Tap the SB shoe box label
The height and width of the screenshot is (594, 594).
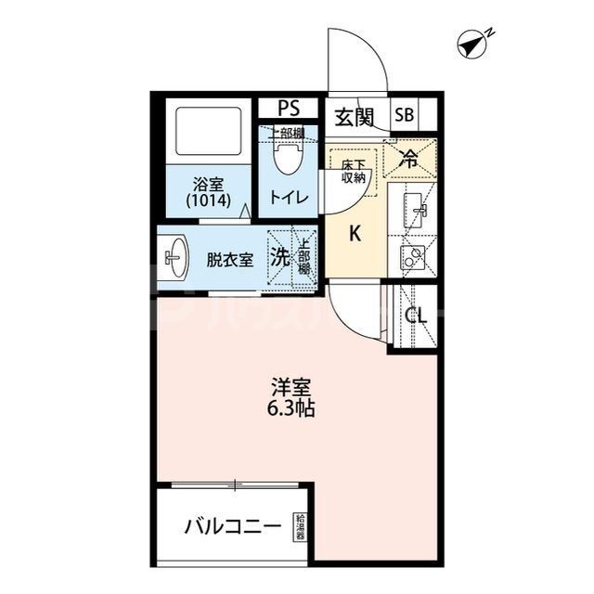(405, 116)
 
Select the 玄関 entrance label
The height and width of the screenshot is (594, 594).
(354, 117)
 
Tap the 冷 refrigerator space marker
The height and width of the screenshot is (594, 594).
(408, 159)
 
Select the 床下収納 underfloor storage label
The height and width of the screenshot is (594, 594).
(353, 171)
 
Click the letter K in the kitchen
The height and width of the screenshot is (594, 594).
(354, 235)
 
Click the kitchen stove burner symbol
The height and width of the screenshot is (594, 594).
(412, 256)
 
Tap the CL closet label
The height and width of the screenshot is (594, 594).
(416, 316)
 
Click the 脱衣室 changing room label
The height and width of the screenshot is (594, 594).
(229, 260)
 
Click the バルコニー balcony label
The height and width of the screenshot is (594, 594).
(232, 527)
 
